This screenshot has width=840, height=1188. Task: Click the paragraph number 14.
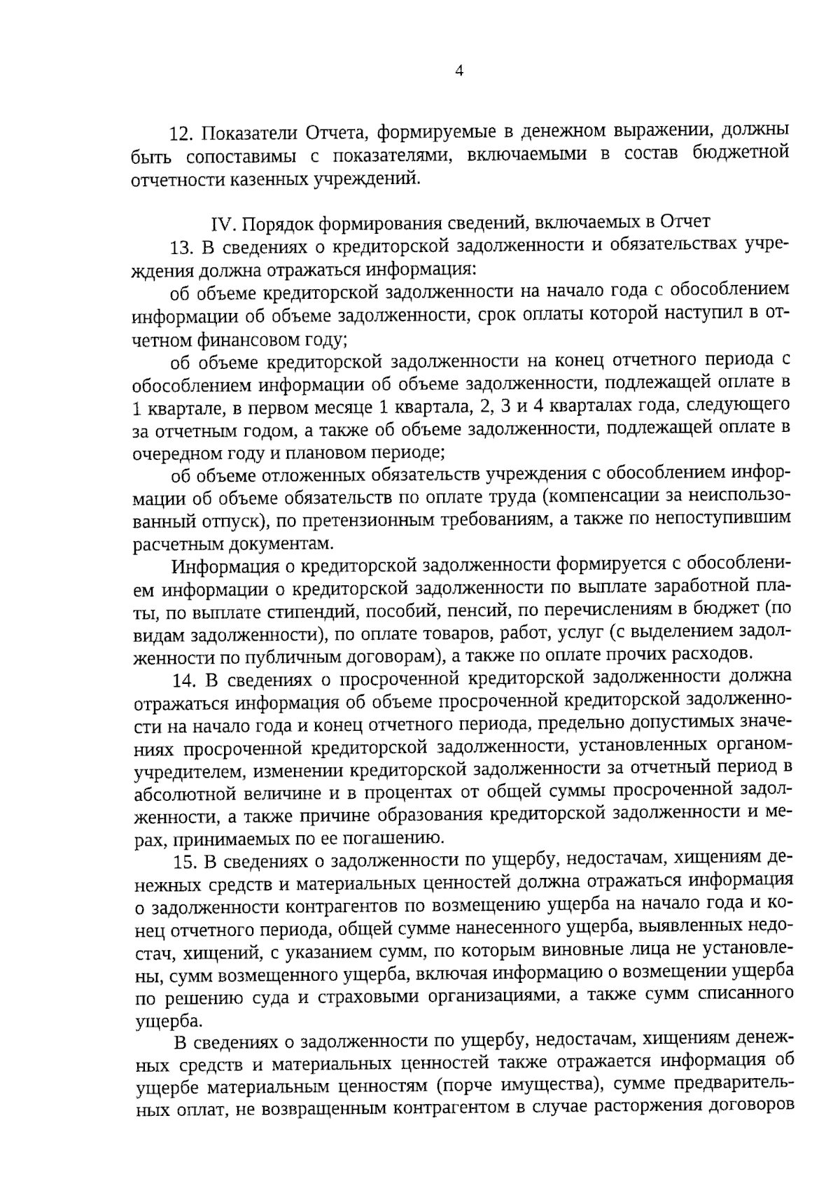tap(182, 678)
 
